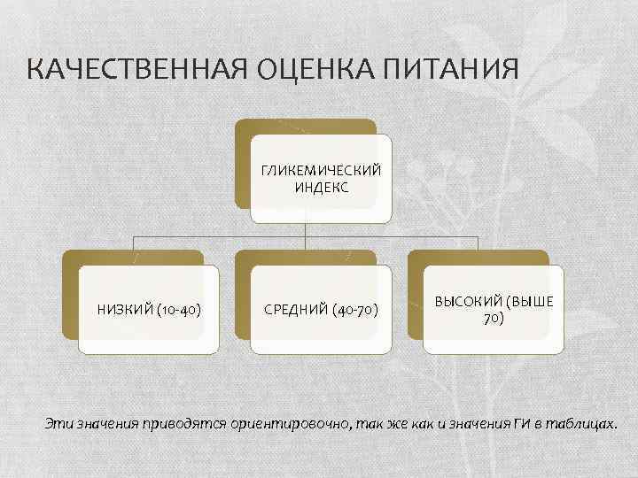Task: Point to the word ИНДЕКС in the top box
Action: point(322,187)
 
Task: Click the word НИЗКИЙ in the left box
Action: point(123,310)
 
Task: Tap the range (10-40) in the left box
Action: point(177,310)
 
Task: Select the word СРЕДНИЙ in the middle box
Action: point(296,310)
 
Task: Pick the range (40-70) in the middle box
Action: point(354,310)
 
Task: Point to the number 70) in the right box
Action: point(494,318)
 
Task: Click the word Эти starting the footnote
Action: point(58,423)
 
